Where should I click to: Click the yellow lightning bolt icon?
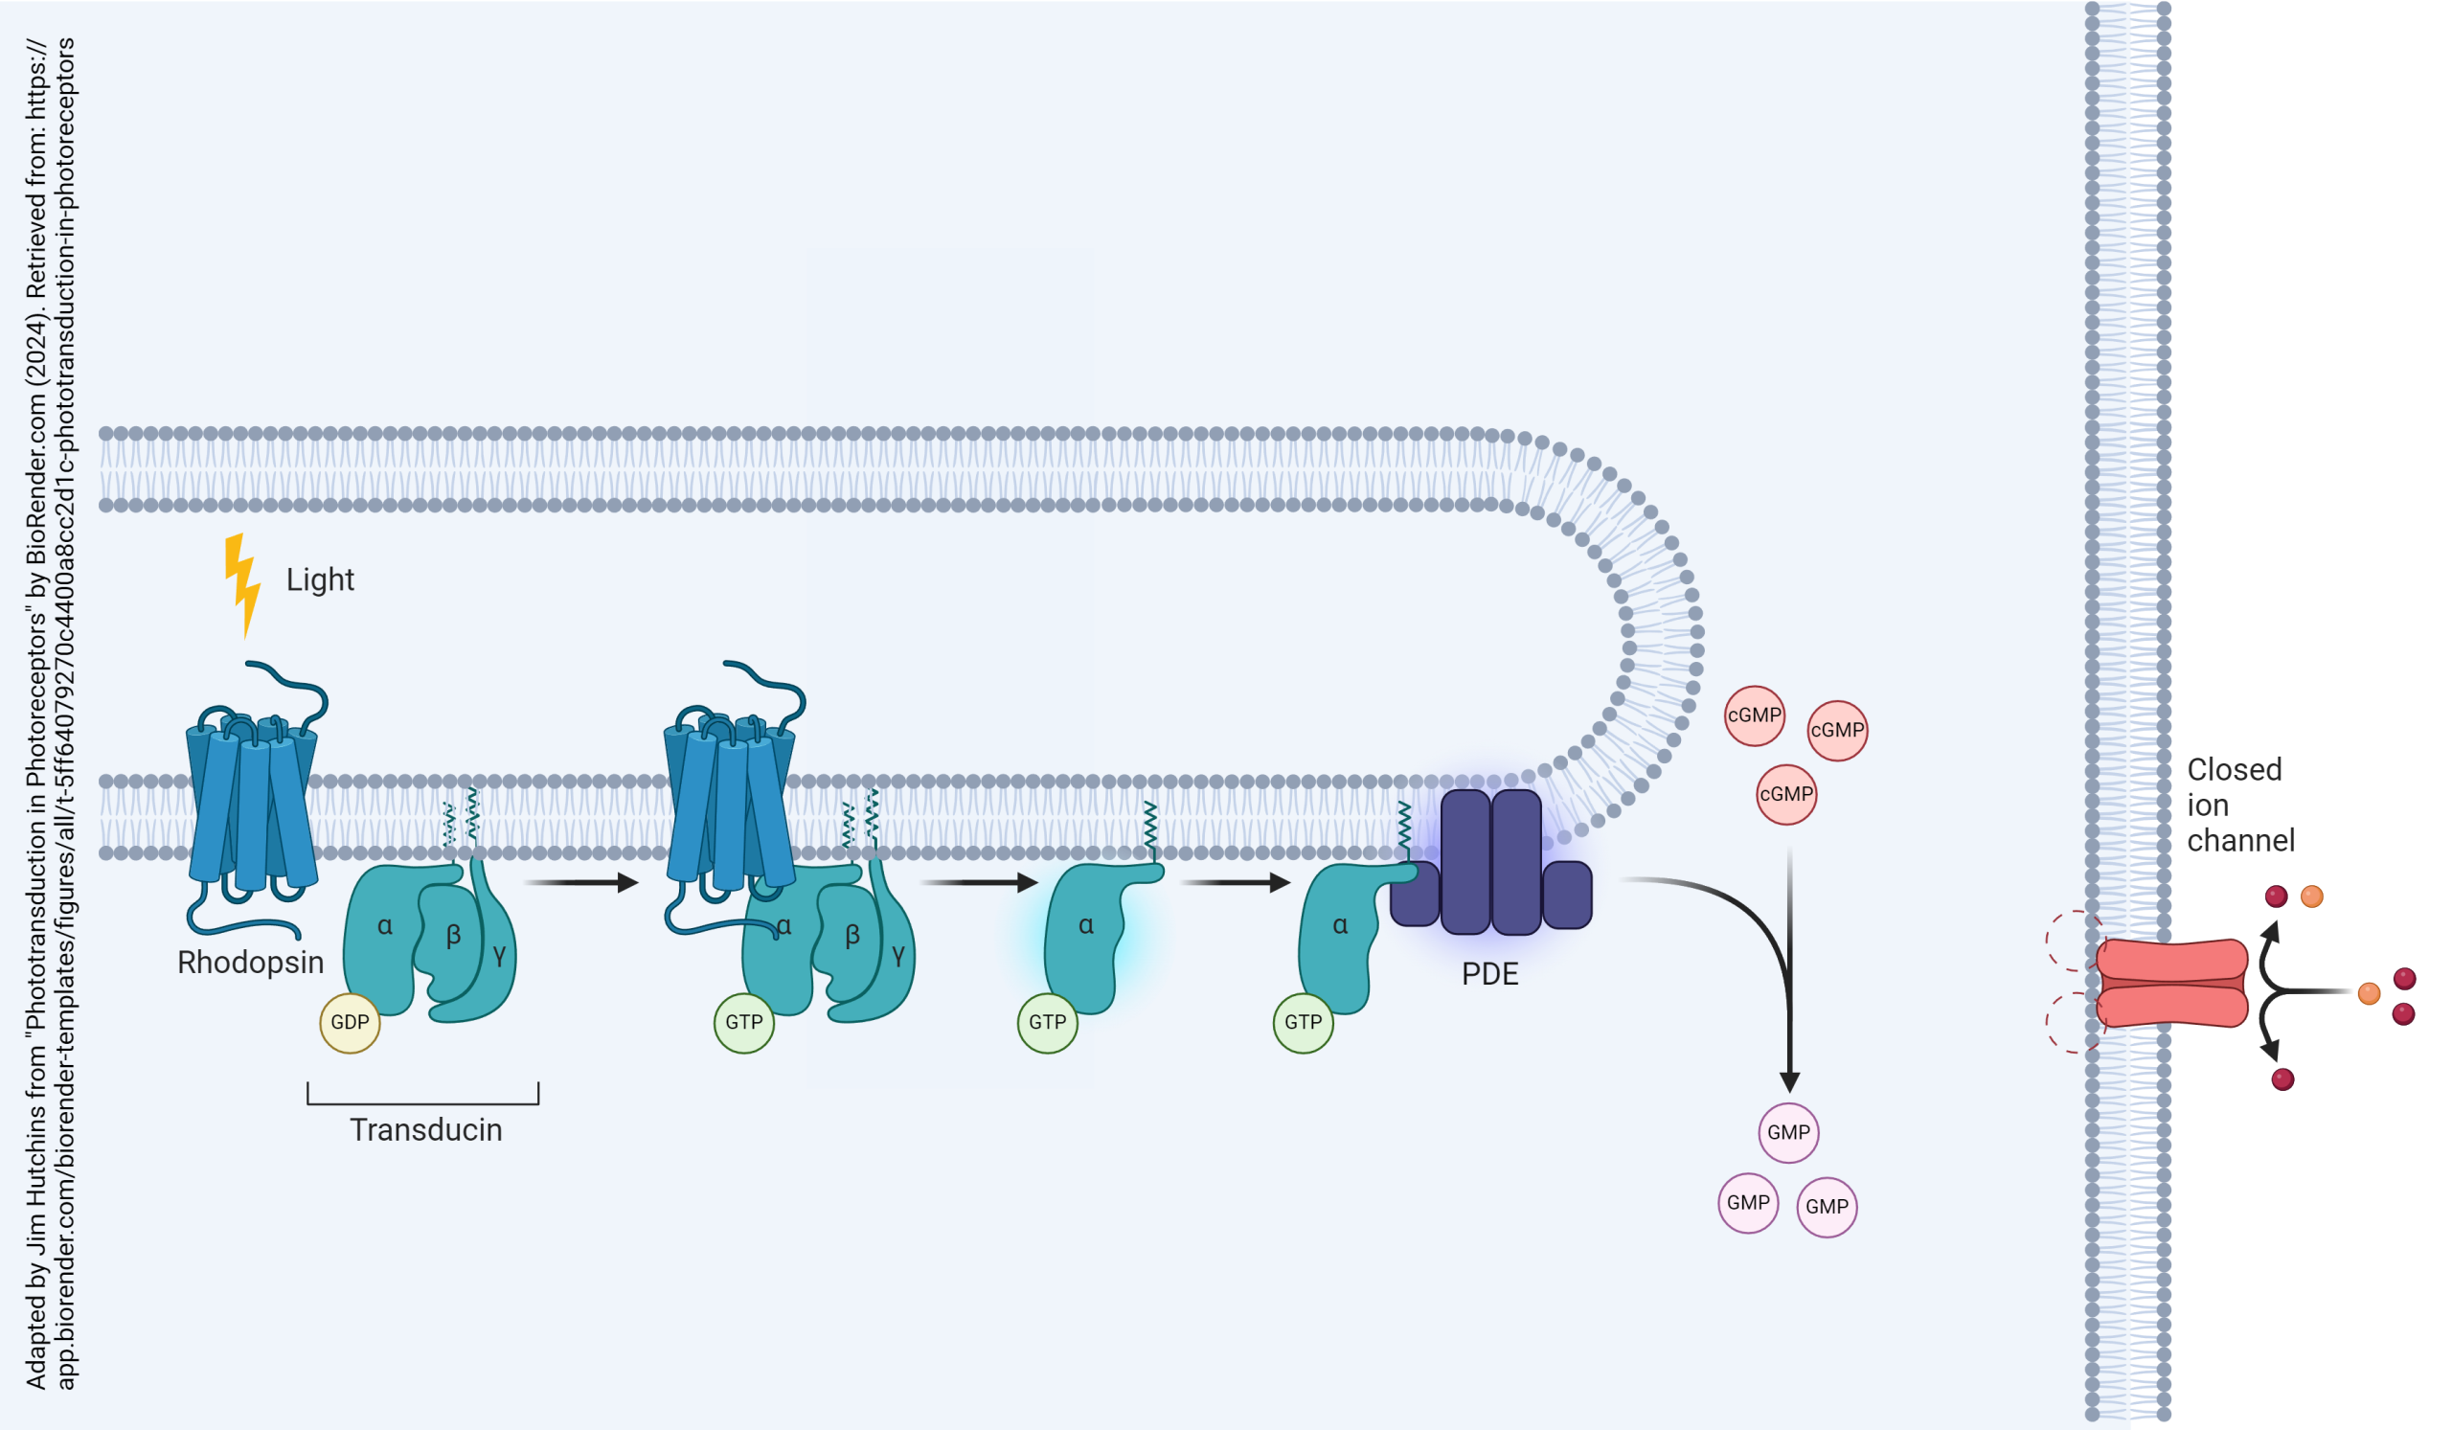(x=241, y=582)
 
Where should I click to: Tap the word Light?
(x=319, y=579)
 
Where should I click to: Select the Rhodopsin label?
(x=250, y=962)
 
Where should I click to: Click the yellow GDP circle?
(x=350, y=1022)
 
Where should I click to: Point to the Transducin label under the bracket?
(x=425, y=1130)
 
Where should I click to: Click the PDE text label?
(x=1488, y=974)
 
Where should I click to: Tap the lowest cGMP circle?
(x=1785, y=795)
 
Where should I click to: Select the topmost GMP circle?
(x=1788, y=1132)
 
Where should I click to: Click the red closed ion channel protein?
(x=2171, y=983)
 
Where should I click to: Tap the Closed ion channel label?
(x=2240, y=805)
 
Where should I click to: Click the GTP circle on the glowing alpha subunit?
(x=1047, y=1022)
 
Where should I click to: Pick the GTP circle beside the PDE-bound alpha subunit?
(x=1303, y=1022)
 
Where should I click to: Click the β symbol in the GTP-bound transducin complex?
(x=852, y=935)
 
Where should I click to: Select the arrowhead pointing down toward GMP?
(x=1788, y=1081)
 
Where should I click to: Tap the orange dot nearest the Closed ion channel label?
(x=2312, y=896)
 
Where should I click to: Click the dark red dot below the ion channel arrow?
(x=2282, y=1078)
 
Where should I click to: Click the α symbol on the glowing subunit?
(x=1086, y=925)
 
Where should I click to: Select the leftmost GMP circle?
(x=1748, y=1202)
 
